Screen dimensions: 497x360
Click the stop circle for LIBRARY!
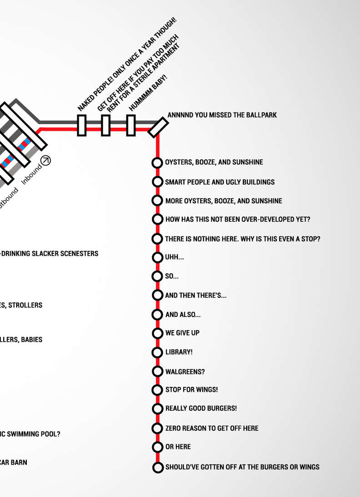click(x=157, y=352)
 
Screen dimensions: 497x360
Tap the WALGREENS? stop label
click(x=185, y=371)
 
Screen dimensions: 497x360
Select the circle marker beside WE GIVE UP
click(x=157, y=333)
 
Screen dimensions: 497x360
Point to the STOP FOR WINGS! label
click(x=191, y=390)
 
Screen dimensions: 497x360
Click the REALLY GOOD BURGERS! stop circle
click(x=157, y=409)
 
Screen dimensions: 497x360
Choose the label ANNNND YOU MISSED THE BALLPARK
click(x=222, y=115)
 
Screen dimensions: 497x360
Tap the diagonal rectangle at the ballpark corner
click(x=158, y=127)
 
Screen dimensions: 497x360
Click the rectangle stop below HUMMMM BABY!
click(x=130, y=126)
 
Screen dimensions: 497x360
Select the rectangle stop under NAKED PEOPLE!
click(x=82, y=126)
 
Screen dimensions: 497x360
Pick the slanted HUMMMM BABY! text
click(x=148, y=93)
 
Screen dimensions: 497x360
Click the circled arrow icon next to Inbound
click(x=45, y=160)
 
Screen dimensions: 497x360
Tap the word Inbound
click(x=31, y=173)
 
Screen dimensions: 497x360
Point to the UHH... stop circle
click(x=157, y=258)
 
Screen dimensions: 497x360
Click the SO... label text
click(x=172, y=276)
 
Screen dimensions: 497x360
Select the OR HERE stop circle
click(x=157, y=447)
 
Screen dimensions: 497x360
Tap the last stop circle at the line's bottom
click(x=157, y=467)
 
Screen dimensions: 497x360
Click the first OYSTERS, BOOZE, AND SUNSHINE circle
click(x=157, y=163)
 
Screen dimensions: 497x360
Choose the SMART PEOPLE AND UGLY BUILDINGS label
click(x=220, y=182)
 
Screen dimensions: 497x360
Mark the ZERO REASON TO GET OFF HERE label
click(x=212, y=428)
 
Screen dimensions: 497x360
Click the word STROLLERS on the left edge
click(x=25, y=305)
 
